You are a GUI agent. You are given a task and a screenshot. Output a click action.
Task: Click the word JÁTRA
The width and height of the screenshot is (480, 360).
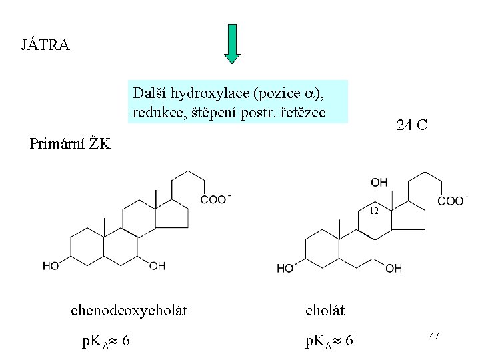click(x=45, y=46)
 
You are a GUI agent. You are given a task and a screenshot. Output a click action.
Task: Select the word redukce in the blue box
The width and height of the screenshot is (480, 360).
click(x=155, y=112)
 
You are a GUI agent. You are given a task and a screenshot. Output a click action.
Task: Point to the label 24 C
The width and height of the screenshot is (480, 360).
click(x=411, y=125)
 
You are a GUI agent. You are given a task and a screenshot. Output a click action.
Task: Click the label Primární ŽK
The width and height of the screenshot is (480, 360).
click(x=70, y=143)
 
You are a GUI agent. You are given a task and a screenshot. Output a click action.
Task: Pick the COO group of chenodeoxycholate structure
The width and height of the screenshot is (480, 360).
click(x=215, y=199)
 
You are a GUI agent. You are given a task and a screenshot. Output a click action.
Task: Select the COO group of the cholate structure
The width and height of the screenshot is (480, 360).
click(x=451, y=200)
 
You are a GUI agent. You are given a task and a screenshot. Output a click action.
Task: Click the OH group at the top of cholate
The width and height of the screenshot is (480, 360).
click(x=379, y=182)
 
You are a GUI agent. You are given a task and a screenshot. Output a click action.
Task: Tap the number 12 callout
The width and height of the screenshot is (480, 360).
click(x=374, y=211)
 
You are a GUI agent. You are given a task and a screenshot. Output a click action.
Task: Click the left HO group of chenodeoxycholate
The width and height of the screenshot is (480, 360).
click(x=51, y=266)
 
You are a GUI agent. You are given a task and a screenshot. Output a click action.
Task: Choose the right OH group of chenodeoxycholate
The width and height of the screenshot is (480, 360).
click(x=157, y=266)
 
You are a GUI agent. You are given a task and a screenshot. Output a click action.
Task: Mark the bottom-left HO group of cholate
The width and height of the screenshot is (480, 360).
click(x=285, y=268)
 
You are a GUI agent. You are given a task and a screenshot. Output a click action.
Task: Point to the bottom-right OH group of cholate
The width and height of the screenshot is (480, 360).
click(x=393, y=268)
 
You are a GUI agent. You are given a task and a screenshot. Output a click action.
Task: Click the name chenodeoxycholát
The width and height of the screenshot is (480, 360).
click(x=129, y=310)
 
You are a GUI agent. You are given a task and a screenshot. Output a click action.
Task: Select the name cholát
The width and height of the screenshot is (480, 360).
click(x=325, y=310)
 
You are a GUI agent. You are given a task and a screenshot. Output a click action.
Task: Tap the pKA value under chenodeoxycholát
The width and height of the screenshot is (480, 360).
click(x=105, y=341)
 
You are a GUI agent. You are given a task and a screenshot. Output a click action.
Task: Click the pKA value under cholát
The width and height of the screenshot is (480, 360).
click(x=329, y=341)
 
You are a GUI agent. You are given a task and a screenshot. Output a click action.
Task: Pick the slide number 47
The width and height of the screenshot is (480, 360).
click(x=433, y=336)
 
